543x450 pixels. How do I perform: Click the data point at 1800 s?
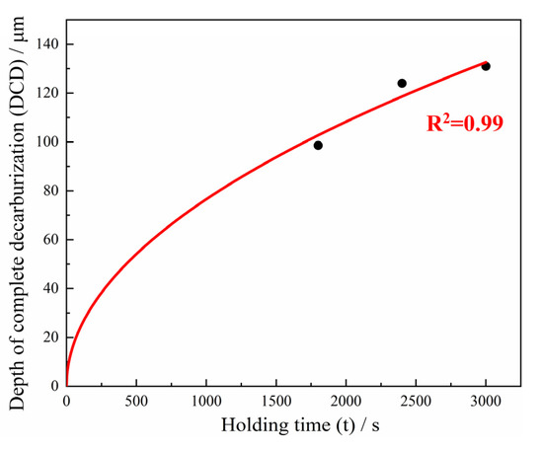[318, 145]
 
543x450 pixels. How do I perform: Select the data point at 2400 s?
[402, 83]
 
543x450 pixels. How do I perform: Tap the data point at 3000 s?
[486, 66]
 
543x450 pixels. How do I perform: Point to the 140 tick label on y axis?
[46, 44]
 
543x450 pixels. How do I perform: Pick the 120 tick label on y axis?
[46, 93]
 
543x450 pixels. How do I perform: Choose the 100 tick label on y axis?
[46, 142]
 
